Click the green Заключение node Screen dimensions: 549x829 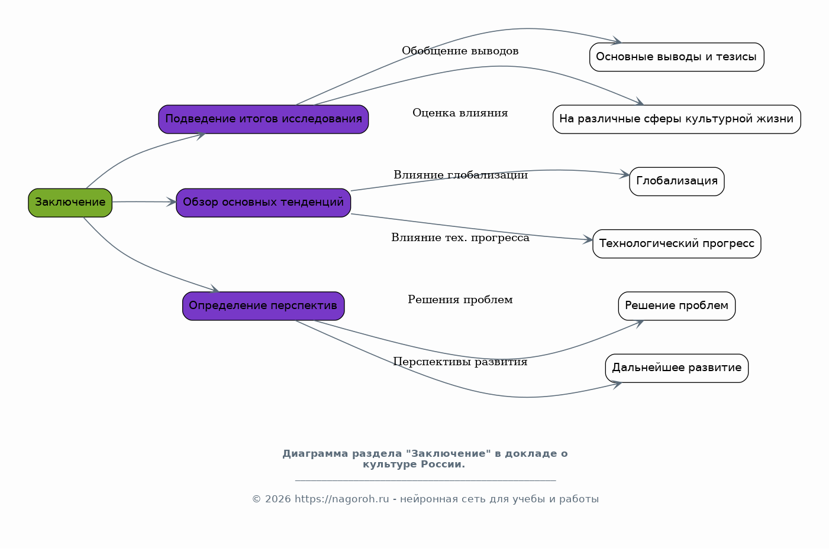[x=70, y=203]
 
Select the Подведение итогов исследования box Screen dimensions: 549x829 [x=263, y=119]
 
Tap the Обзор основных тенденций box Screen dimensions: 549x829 [x=263, y=203]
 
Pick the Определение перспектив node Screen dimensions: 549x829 [x=263, y=306]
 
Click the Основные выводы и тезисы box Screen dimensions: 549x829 [x=676, y=57]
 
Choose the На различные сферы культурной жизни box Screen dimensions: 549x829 [x=676, y=119]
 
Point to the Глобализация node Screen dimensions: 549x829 [x=676, y=181]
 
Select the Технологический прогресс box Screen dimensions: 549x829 [x=676, y=244]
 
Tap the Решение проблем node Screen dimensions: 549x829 [x=676, y=306]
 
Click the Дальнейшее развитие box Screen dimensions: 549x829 [x=676, y=368]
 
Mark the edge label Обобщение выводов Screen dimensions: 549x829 [x=460, y=51]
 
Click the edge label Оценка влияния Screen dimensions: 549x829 [x=460, y=113]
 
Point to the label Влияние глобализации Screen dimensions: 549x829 [x=460, y=176]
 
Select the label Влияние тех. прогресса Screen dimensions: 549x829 [x=460, y=238]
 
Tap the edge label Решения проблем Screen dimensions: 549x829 [x=460, y=300]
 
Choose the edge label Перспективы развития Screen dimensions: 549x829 [x=460, y=362]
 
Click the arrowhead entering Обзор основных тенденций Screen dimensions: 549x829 [x=172, y=202]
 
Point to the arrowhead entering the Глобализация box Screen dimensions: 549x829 [x=625, y=175]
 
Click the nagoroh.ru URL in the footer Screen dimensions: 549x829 [x=341, y=499]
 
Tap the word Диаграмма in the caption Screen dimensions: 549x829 [x=315, y=454]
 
